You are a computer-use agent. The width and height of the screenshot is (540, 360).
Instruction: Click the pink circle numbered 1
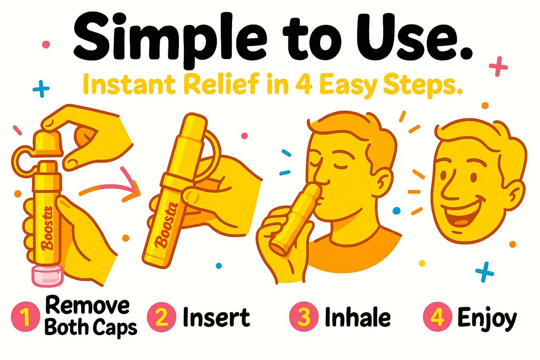click(25, 318)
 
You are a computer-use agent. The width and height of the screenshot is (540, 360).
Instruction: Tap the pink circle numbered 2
click(162, 318)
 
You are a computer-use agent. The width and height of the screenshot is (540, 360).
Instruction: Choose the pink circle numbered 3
click(303, 318)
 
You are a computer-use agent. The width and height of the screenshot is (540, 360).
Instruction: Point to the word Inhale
click(357, 317)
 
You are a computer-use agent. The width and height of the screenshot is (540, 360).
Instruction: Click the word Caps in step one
click(115, 327)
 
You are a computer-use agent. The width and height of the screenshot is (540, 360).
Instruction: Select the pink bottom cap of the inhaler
click(47, 275)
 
